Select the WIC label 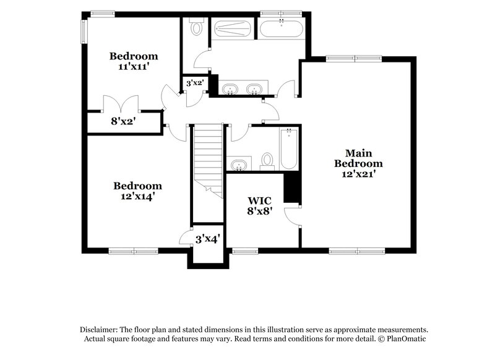259,200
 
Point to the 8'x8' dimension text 259,211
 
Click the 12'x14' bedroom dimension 137,196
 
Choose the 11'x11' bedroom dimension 133,66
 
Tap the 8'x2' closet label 123,121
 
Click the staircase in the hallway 206,158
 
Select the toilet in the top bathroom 196,27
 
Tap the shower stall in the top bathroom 232,29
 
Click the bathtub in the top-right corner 280,28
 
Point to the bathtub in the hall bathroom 290,148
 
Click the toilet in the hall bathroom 267,161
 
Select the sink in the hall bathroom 238,165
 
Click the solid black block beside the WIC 291,187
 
